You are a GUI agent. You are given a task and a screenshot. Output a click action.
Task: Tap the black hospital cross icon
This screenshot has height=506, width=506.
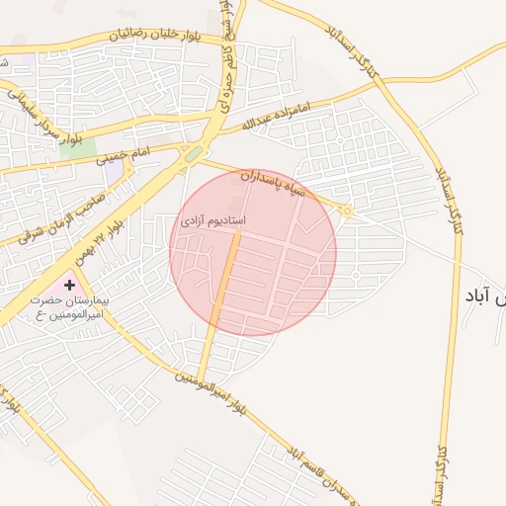coord(69,286)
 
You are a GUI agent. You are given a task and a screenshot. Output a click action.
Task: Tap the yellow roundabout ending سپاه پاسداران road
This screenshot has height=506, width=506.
coord(347,210)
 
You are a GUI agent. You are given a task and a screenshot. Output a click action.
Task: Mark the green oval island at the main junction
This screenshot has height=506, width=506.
coord(194,154)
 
